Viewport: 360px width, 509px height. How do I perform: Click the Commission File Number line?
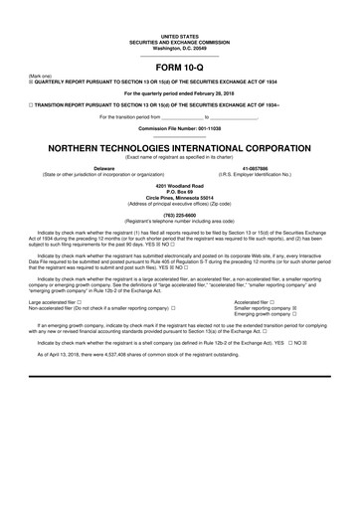[179, 129]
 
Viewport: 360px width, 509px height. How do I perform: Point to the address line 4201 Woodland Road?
[179, 185]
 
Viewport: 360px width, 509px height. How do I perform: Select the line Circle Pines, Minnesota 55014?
[179, 197]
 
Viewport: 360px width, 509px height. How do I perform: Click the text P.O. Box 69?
[179, 191]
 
